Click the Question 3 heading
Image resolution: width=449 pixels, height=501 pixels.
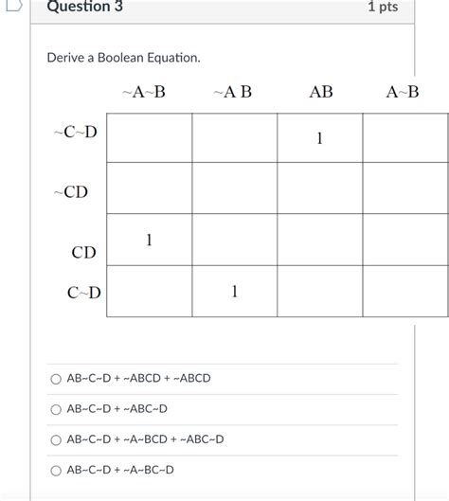tap(84, 8)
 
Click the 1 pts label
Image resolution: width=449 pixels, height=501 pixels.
tap(383, 8)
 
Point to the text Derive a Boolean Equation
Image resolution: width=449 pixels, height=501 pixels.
tap(123, 59)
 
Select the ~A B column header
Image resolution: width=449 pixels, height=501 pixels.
tap(233, 92)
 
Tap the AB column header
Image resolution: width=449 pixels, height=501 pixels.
tap(321, 92)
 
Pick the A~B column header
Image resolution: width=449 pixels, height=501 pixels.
tap(402, 92)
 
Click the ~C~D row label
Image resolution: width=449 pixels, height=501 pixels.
tap(75, 132)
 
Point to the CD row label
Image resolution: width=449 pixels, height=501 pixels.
tap(83, 253)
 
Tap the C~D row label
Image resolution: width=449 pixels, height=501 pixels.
tap(83, 293)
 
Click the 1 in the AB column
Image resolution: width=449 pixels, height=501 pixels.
tap(320, 139)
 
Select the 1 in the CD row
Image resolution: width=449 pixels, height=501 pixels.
tap(149, 241)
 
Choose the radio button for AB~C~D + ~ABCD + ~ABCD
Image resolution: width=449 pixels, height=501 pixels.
tap(57, 379)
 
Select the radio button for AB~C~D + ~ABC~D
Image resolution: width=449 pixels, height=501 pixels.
tap(57, 409)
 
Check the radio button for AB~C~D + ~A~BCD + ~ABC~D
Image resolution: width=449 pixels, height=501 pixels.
tap(57, 439)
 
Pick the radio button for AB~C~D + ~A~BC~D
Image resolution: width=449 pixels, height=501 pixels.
tap(57, 470)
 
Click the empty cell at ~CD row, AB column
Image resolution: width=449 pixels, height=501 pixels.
tap(320, 188)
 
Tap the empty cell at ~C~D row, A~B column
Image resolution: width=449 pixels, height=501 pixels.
tap(404, 138)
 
